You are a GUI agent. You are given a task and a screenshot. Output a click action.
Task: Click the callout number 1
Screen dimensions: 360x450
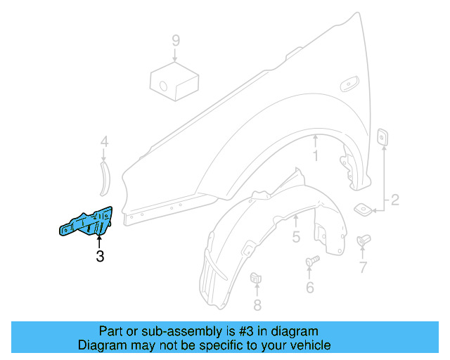click(x=316, y=156)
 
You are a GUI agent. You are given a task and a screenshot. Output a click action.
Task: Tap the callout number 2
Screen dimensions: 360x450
click(x=395, y=200)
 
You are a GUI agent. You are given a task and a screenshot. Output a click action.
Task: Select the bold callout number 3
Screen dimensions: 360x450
click(x=100, y=257)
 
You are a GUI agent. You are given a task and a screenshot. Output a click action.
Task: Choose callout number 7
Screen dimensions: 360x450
click(x=363, y=267)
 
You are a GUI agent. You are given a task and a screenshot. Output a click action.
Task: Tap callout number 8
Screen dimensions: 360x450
click(x=257, y=304)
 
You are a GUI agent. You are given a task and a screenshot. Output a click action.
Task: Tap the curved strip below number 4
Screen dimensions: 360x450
click(x=105, y=177)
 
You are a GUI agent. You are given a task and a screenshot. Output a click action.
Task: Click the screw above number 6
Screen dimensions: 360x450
click(x=312, y=263)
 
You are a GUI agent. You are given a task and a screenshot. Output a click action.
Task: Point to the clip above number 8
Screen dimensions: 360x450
click(x=257, y=278)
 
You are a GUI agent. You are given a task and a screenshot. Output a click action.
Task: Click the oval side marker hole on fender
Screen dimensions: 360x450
click(x=349, y=85)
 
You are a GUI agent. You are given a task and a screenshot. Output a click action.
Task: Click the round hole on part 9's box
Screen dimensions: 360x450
click(x=163, y=86)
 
